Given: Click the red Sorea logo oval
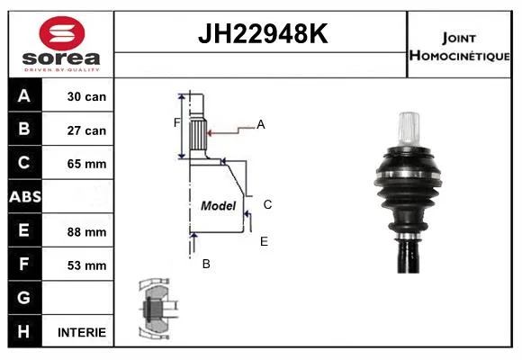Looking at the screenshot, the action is [62, 33].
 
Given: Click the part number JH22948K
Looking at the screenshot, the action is [263, 33].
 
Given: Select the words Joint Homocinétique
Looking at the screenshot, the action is [459, 47].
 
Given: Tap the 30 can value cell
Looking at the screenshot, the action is [78, 96].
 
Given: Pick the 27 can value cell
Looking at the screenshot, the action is [78, 130].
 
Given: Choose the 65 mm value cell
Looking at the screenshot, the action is [78, 163].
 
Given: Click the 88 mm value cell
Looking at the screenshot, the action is [78, 231].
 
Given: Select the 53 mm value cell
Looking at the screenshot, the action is [78, 265].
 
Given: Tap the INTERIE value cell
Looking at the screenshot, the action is [78, 332].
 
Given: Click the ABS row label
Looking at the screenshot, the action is [25, 197].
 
